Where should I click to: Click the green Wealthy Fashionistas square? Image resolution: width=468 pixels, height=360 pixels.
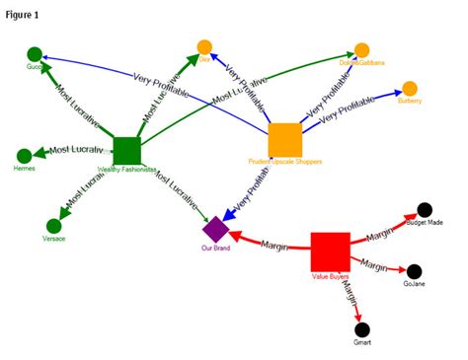pos(126,150)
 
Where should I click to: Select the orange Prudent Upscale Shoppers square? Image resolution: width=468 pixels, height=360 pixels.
pos(284,138)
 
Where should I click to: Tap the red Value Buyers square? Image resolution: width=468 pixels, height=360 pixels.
pos(330,251)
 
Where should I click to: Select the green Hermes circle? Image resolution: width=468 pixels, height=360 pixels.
pos(25,155)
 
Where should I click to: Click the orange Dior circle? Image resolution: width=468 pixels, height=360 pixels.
pos(204,46)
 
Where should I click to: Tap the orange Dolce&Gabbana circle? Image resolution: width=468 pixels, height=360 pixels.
pos(361,49)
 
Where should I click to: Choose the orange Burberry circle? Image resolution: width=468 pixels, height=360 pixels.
pos(409,88)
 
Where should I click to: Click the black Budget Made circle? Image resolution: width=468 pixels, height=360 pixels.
pos(425,209)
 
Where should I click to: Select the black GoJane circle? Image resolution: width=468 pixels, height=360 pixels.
pos(414,271)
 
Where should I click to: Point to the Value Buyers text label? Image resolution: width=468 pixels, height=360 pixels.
pos(331,277)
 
